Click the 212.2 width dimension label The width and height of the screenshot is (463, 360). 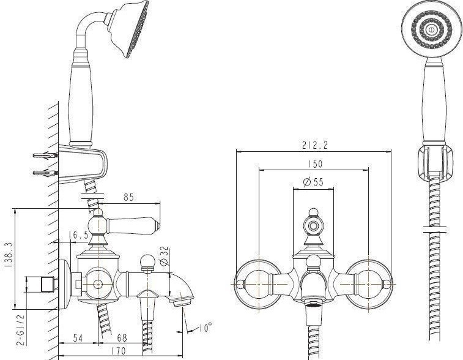(x=315, y=145)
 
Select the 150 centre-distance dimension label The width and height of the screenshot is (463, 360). (x=315, y=163)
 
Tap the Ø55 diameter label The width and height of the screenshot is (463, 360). (x=313, y=182)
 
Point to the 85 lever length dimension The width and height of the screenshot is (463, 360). (x=128, y=197)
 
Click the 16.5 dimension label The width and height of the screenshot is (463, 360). (x=78, y=235)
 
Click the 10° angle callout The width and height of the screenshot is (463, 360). (x=206, y=327)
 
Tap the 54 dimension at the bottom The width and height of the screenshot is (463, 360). (x=78, y=338)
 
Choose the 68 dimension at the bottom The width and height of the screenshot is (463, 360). (x=122, y=337)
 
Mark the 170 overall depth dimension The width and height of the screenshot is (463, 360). (x=119, y=351)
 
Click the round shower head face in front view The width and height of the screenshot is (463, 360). (x=431, y=29)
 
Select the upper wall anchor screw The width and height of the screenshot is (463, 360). (x=45, y=156)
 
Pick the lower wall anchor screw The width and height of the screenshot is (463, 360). (x=45, y=173)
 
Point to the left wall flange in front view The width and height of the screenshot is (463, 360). (x=258, y=283)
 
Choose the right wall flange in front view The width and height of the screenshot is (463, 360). (x=369, y=283)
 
